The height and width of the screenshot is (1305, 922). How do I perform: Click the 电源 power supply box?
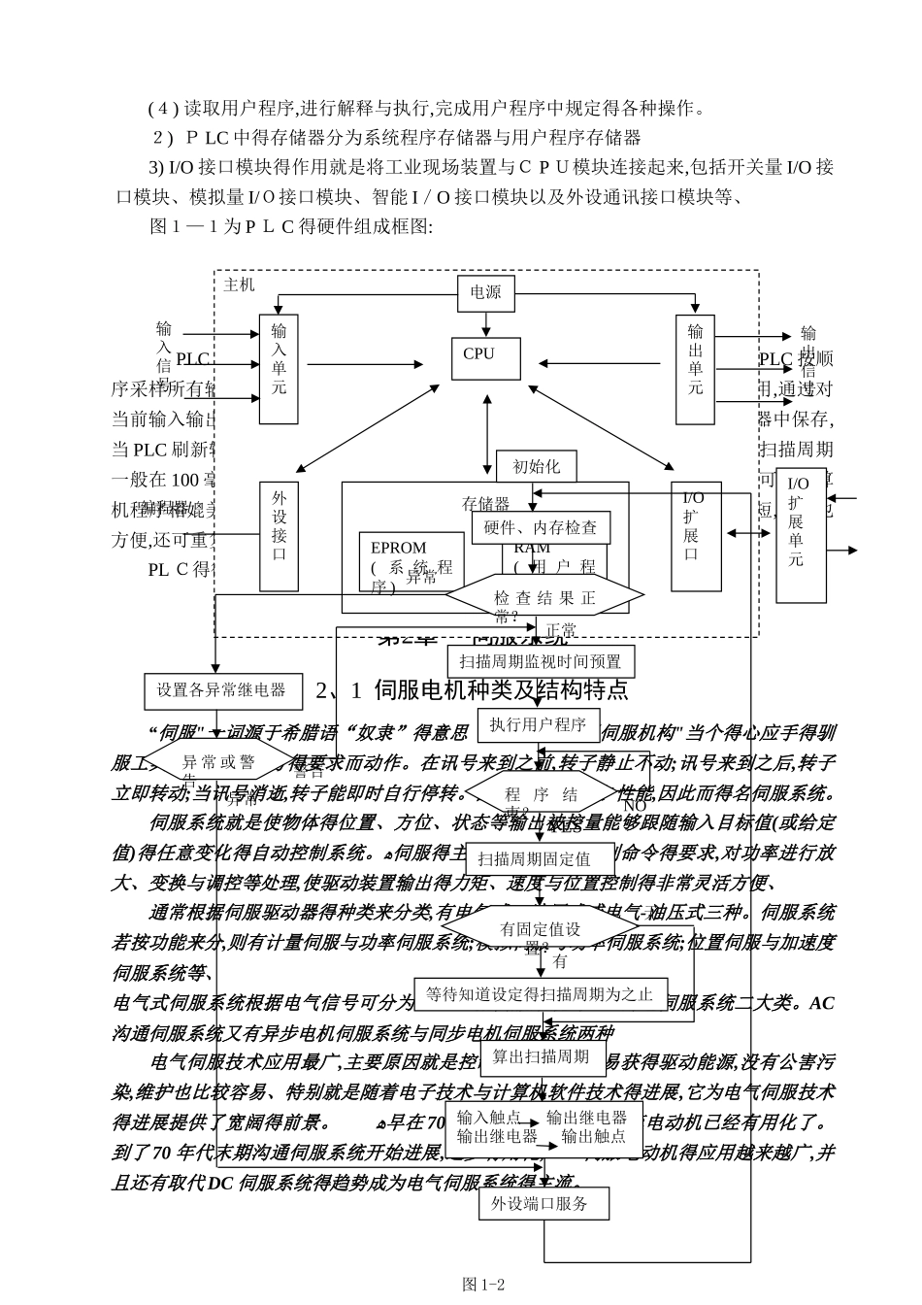[x=486, y=291]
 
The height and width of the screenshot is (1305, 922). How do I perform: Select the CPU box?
[x=485, y=357]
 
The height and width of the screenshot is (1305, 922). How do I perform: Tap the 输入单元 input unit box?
[x=280, y=368]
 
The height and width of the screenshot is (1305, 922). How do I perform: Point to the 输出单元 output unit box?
[x=695, y=368]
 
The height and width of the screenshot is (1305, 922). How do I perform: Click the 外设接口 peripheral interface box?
[x=280, y=535]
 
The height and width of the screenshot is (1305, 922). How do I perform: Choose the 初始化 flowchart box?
[x=536, y=466]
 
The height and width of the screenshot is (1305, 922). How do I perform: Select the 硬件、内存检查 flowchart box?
[x=541, y=527]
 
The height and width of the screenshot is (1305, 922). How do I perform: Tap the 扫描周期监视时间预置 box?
[x=540, y=662]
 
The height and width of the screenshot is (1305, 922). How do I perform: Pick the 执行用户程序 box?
[x=538, y=723]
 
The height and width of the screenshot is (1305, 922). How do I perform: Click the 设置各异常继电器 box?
[x=221, y=690]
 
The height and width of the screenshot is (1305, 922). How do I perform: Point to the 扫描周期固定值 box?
[x=541, y=859]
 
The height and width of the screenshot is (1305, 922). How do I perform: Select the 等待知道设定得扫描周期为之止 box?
[x=541, y=994]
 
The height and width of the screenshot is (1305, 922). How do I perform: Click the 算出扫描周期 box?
[x=541, y=1055]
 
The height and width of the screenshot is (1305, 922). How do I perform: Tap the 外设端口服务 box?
[x=544, y=1204]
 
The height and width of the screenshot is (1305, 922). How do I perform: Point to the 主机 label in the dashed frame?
[x=239, y=284]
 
